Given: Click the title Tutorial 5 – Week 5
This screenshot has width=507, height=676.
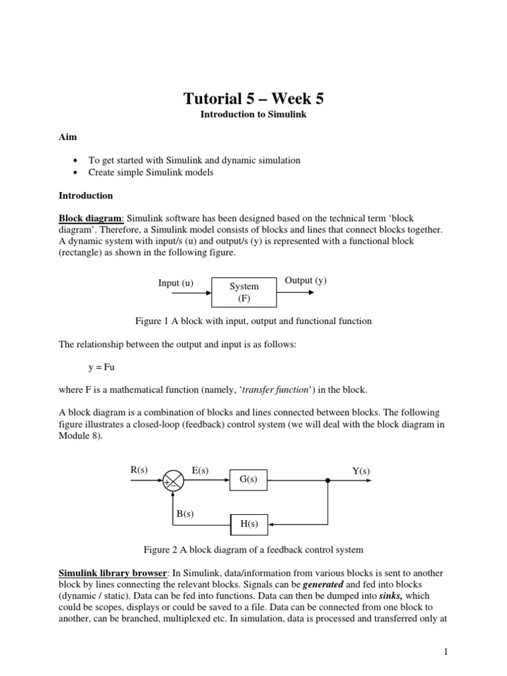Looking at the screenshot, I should coord(253,99).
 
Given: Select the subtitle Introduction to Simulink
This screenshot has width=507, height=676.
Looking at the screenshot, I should coord(253,115).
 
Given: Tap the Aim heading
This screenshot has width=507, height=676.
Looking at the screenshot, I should coord(68,137).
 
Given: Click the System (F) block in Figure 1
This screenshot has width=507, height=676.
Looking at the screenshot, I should coord(244,292).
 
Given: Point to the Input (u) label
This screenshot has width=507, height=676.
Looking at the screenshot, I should coord(176,283).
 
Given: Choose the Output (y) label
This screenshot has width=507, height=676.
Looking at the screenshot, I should coord(306,281).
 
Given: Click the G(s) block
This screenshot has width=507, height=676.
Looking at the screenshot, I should coord(248,480).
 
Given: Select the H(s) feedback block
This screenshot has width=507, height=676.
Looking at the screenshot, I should coord(248,525).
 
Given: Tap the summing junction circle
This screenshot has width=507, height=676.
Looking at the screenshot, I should coord(174,481).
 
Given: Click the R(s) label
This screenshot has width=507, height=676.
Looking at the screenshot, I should coord(139,470).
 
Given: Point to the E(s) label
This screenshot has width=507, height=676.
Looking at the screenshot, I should coord(200,470).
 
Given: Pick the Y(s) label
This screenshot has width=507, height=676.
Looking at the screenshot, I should coord(361,471).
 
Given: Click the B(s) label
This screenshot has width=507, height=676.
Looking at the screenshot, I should coord(185,514).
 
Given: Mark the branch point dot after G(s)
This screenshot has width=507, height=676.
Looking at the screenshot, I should coord(327,481).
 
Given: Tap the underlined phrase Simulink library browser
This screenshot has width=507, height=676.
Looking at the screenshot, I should coord(113,573).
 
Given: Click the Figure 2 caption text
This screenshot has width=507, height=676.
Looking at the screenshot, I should coord(253,549).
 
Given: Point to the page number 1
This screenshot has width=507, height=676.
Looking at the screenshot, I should coord(446,652).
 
